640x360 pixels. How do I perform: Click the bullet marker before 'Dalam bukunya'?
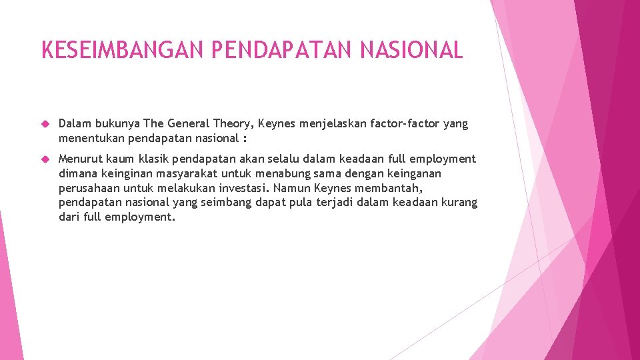coord(45,124)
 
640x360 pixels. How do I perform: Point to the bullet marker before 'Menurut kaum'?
coord(45,159)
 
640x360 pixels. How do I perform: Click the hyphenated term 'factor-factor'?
coord(402,124)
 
